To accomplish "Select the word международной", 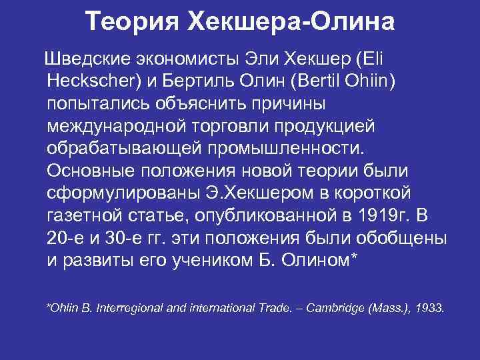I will [111, 126].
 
